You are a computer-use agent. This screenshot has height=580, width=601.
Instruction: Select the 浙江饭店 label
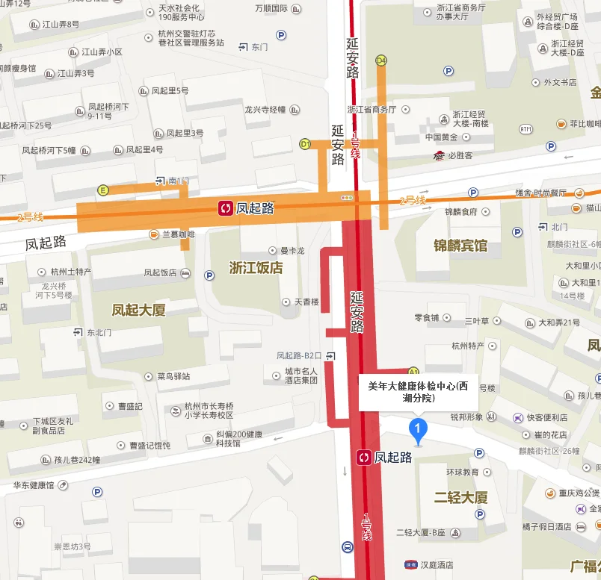pyautogui.click(x=256, y=267)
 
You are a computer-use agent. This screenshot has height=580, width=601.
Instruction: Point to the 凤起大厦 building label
pyautogui.click(x=138, y=309)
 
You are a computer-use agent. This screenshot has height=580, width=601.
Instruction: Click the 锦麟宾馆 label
pyautogui.click(x=460, y=245)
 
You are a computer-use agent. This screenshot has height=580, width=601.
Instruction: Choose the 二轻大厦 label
pyautogui.click(x=460, y=497)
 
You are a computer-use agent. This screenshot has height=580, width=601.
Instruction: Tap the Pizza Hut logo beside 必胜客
pyautogui.click(x=439, y=156)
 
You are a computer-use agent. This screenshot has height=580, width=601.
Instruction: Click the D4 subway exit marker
pyautogui.click(x=381, y=60)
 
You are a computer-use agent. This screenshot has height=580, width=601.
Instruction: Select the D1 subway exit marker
pyautogui.click(x=305, y=143)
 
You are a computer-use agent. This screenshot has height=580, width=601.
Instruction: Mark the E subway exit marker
pyautogui.click(x=103, y=190)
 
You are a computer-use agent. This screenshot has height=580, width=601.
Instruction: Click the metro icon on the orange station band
pyautogui.click(x=225, y=208)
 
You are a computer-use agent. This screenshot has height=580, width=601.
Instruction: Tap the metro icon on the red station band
pyautogui.click(x=364, y=457)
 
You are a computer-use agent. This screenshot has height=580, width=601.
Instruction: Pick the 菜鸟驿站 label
pyautogui.click(x=173, y=376)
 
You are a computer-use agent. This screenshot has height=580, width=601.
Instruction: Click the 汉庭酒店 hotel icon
pyautogui.click(x=410, y=564)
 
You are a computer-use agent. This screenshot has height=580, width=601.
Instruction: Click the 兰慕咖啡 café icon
pyautogui.click(x=154, y=234)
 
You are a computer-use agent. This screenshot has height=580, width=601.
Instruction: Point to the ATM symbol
pyautogui.click(x=526, y=129)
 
